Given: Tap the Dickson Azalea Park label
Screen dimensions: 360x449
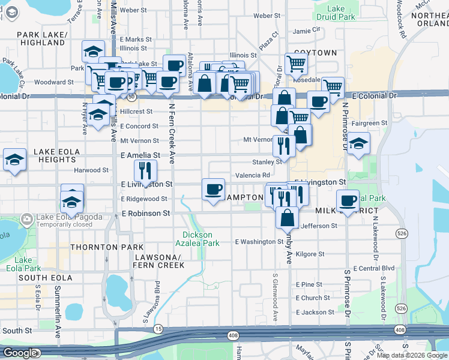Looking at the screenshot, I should (x=201, y=239).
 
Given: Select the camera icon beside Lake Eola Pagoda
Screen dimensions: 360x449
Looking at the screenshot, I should (x=26, y=219).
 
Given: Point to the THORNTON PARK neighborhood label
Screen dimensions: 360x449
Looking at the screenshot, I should (x=107, y=247).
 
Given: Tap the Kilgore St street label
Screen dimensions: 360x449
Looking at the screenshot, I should (x=310, y=254).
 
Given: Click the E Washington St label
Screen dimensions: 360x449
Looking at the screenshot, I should (x=259, y=242).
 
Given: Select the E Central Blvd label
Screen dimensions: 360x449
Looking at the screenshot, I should (x=374, y=268).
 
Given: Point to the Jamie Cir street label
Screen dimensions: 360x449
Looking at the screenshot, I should (x=306, y=31).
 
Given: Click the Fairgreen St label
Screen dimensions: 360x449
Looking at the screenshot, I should (x=369, y=123).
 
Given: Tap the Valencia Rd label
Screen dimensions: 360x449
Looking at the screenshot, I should (x=253, y=175).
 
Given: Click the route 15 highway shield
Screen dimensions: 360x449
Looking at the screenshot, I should (x=158, y=329).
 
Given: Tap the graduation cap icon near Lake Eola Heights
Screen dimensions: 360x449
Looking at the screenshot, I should (x=14, y=160).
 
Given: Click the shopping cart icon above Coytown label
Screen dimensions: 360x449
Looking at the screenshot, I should (x=296, y=62).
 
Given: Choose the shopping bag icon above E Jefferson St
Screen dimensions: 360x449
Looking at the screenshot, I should (x=288, y=218).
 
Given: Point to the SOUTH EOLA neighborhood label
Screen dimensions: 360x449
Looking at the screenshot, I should (x=46, y=278).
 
